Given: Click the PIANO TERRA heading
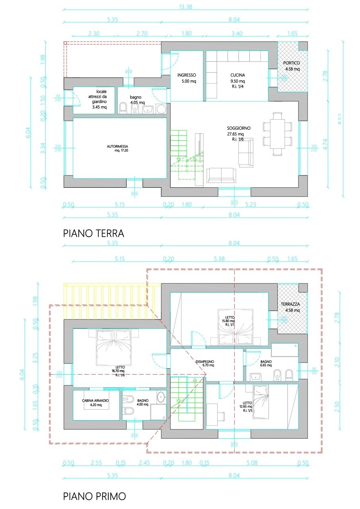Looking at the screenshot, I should click(x=93, y=233).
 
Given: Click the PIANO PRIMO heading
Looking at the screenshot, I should click(x=94, y=496).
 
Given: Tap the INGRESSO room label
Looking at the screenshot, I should click(x=187, y=75).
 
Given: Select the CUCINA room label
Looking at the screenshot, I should click(x=237, y=75).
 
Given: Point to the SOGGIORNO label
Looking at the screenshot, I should click(x=238, y=128).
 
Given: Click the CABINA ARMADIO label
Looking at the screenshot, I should click(x=95, y=400).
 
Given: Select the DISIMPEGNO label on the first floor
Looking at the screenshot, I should click(x=205, y=362).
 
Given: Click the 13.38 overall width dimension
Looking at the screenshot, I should click(x=185, y=6).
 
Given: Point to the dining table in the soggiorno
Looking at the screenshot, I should click(x=277, y=134).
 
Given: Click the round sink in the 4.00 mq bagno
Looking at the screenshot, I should click(x=161, y=396).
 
